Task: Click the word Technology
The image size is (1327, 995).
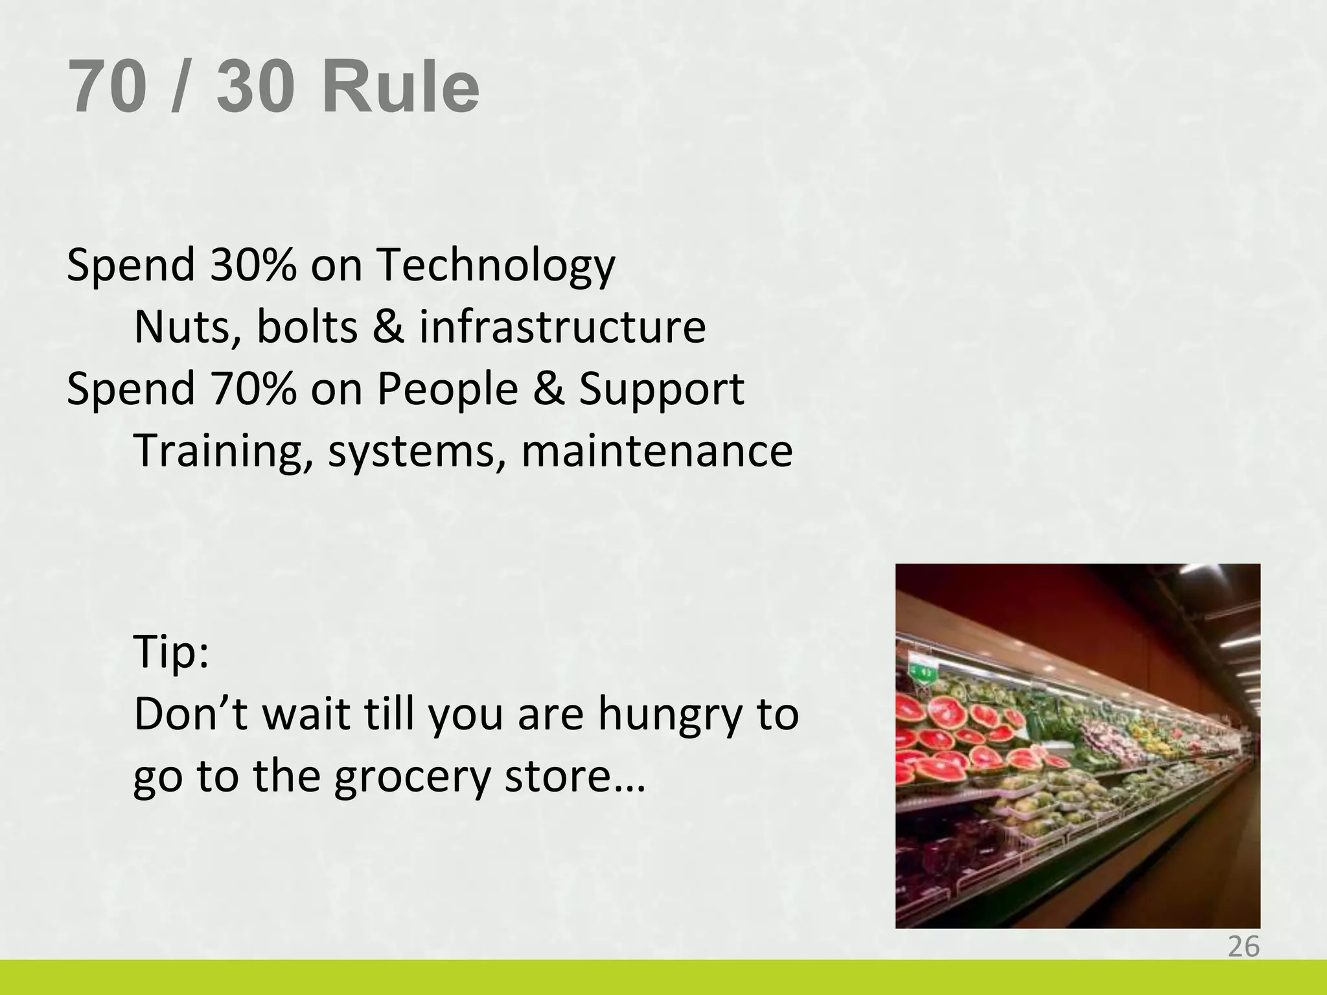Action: (496, 266)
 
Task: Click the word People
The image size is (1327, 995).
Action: (447, 390)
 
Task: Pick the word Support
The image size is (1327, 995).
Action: (661, 390)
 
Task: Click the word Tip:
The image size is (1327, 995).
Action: (171, 653)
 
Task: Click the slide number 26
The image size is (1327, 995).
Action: (1243, 947)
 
